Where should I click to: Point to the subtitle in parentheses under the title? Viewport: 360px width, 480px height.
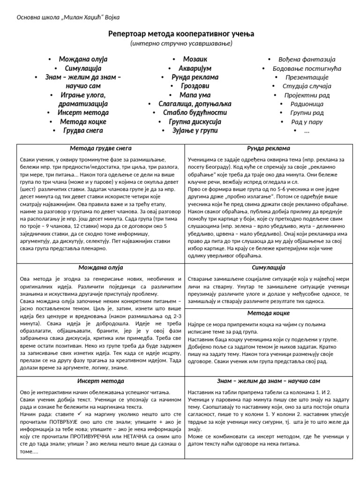coord(181,44)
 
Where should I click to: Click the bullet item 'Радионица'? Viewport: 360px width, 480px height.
coord(307,104)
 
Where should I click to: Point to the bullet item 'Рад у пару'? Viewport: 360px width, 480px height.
coord(307,122)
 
